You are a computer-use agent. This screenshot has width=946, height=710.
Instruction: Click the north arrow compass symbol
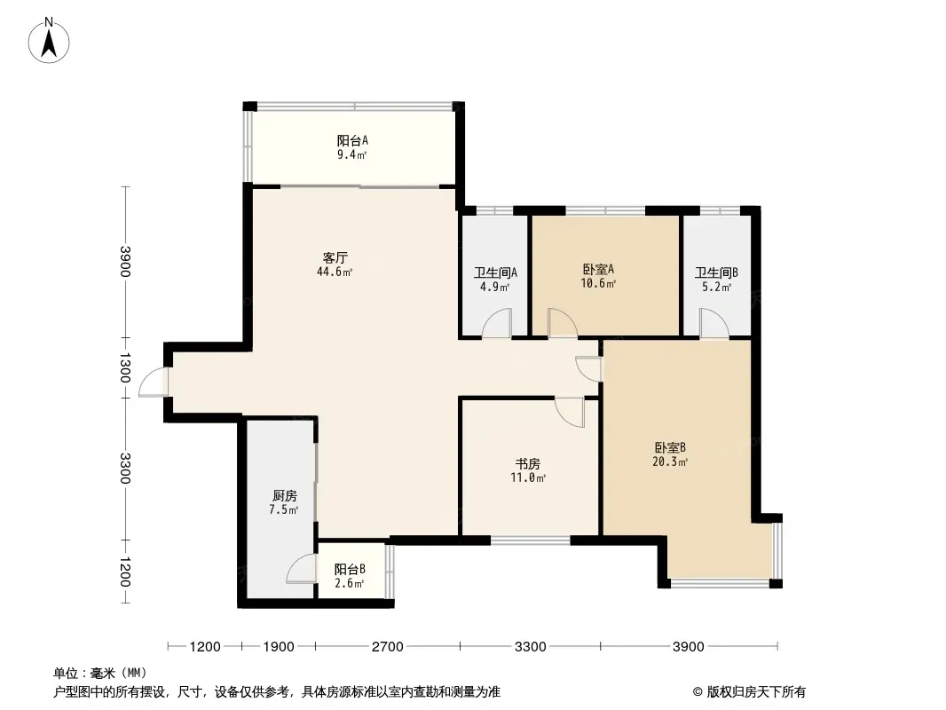coord(49,41)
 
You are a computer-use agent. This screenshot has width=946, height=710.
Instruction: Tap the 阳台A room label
coord(352,140)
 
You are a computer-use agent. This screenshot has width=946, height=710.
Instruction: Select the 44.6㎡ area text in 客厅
coord(335,272)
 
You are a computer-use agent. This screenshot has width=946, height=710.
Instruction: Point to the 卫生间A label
coord(495,272)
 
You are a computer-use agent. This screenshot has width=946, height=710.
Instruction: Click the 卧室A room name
coord(598,269)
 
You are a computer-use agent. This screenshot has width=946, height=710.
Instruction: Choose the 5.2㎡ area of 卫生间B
coord(716,288)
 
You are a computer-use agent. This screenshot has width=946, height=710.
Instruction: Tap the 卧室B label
coord(670,447)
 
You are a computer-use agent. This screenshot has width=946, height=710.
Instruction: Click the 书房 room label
coord(527,464)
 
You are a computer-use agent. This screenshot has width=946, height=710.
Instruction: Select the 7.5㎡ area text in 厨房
coord(284,509)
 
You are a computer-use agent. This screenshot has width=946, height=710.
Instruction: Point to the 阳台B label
coord(350,569)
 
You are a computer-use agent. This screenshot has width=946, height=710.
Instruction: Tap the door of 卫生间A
coord(497,323)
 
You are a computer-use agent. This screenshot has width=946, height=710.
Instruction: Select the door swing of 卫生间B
coord(714,323)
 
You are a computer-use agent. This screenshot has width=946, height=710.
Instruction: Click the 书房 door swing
coord(570,413)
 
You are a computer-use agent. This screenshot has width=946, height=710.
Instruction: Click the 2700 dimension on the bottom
coord(387,647)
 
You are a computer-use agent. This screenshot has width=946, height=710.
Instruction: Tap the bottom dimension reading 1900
coord(279,647)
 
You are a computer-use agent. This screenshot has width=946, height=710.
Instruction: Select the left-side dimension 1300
coord(124,367)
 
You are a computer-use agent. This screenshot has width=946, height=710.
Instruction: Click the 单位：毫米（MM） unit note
coord(100,673)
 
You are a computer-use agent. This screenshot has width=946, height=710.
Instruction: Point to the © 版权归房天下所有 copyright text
coord(749,692)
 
